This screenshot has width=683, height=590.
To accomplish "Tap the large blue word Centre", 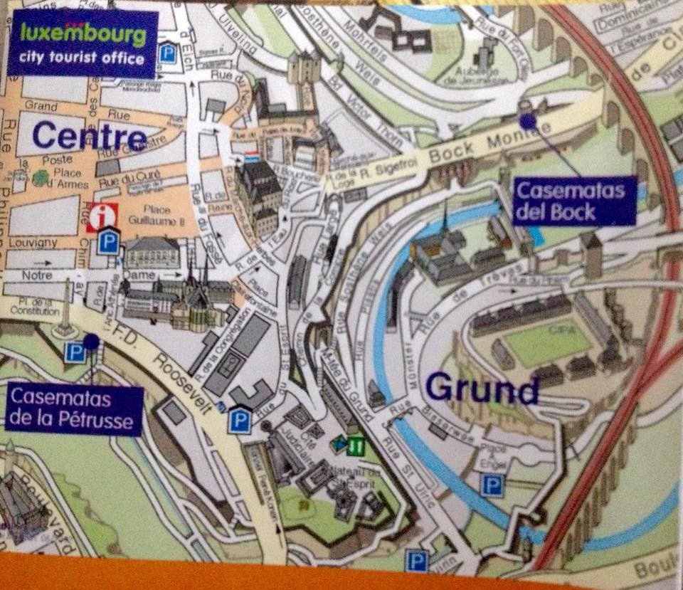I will tap(89, 136).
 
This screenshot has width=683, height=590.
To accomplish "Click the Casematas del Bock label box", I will tap(573, 201).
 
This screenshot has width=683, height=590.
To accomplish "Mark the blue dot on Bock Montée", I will tap(527, 122).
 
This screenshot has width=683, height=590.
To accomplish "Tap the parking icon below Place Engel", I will tap(492, 485).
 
